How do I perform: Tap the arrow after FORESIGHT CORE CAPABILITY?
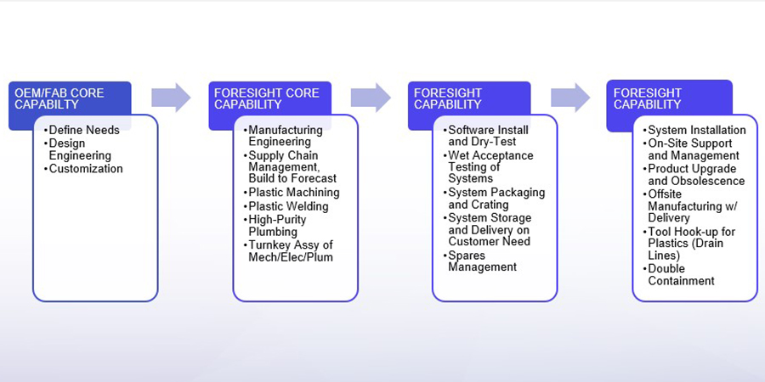[x=371, y=98]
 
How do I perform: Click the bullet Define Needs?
[x=84, y=130]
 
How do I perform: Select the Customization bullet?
[x=86, y=169]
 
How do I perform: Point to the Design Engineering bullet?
[x=80, y=149]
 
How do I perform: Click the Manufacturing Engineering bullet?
[x=286, y=136]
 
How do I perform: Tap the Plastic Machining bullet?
[x=293, y=193]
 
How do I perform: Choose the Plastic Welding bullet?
[x=288, y=206]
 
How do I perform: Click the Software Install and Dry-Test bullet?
[x=488, y=136]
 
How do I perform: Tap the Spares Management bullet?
[x=482, y=261]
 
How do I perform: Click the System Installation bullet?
[x=696, y=130]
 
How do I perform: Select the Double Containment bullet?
[x=681, y=275]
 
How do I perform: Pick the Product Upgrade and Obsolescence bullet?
[x=696, y=175]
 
